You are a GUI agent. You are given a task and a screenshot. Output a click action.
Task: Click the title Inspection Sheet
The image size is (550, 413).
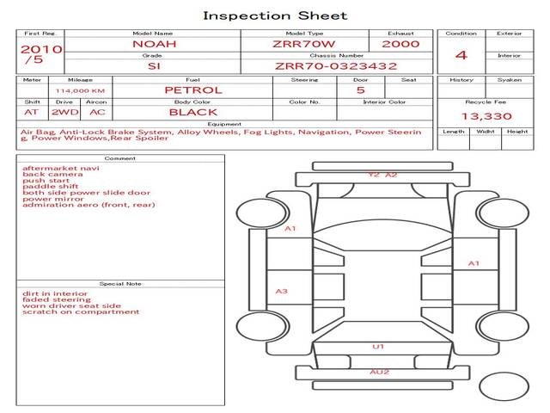point(275,15)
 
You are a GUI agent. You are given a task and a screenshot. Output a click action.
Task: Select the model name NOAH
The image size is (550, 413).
point(151,44)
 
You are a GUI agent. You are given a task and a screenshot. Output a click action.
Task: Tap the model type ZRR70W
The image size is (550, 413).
point(304,44)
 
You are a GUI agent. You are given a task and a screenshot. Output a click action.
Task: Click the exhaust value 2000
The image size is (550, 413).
point(400,44)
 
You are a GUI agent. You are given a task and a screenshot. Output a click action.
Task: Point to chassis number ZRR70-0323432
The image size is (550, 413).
point(336,65)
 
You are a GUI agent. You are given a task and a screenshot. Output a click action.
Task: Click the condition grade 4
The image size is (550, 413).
point(461,55)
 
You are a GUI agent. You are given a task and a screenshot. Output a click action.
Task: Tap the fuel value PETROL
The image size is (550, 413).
point(193,89)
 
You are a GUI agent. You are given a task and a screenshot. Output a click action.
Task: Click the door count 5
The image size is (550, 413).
point(360,89)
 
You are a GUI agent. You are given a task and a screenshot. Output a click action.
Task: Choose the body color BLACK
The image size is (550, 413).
point(193,112)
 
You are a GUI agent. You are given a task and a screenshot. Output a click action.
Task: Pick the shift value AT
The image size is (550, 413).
point(32,112)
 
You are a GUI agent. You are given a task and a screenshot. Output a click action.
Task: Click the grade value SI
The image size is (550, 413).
point(153,65)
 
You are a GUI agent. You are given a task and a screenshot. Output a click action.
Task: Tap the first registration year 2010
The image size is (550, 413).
point(40,49)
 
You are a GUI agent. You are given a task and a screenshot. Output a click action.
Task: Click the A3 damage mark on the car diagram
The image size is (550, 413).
point(281,292)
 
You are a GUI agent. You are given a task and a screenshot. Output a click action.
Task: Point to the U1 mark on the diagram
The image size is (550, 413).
point(377,347)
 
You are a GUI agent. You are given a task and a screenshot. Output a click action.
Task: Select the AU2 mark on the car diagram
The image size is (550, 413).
point(379,372)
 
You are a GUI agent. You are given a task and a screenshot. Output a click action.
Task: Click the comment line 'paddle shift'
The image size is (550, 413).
point(51,187)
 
